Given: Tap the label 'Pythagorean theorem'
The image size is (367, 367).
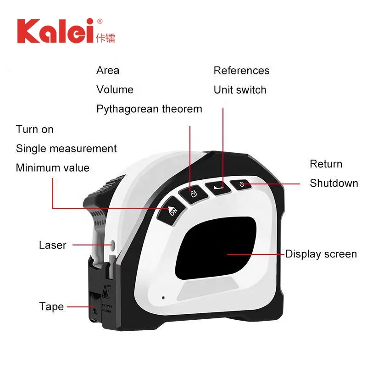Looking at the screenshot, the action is click(149, 109).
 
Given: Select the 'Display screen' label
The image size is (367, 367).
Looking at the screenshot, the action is click(321, 254).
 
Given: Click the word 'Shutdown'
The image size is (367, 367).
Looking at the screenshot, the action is click(334, 183).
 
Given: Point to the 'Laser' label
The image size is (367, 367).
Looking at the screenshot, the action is click(53, 245).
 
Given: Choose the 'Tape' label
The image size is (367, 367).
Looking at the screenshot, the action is click(51, 306).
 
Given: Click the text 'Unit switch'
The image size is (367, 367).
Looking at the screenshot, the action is click(240, 90).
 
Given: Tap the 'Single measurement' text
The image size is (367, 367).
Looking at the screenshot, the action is click(67, 149).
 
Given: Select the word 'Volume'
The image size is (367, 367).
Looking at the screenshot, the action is click(115, 90).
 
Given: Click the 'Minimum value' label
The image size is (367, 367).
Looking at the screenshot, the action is click(53, 168).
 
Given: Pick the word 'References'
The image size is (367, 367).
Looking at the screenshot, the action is click(241, 71).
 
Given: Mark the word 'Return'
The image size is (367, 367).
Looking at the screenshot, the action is click(326, 164).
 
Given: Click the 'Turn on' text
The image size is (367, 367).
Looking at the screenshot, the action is click(35, 129).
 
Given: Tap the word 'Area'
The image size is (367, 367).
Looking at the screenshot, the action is click(108, 71).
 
